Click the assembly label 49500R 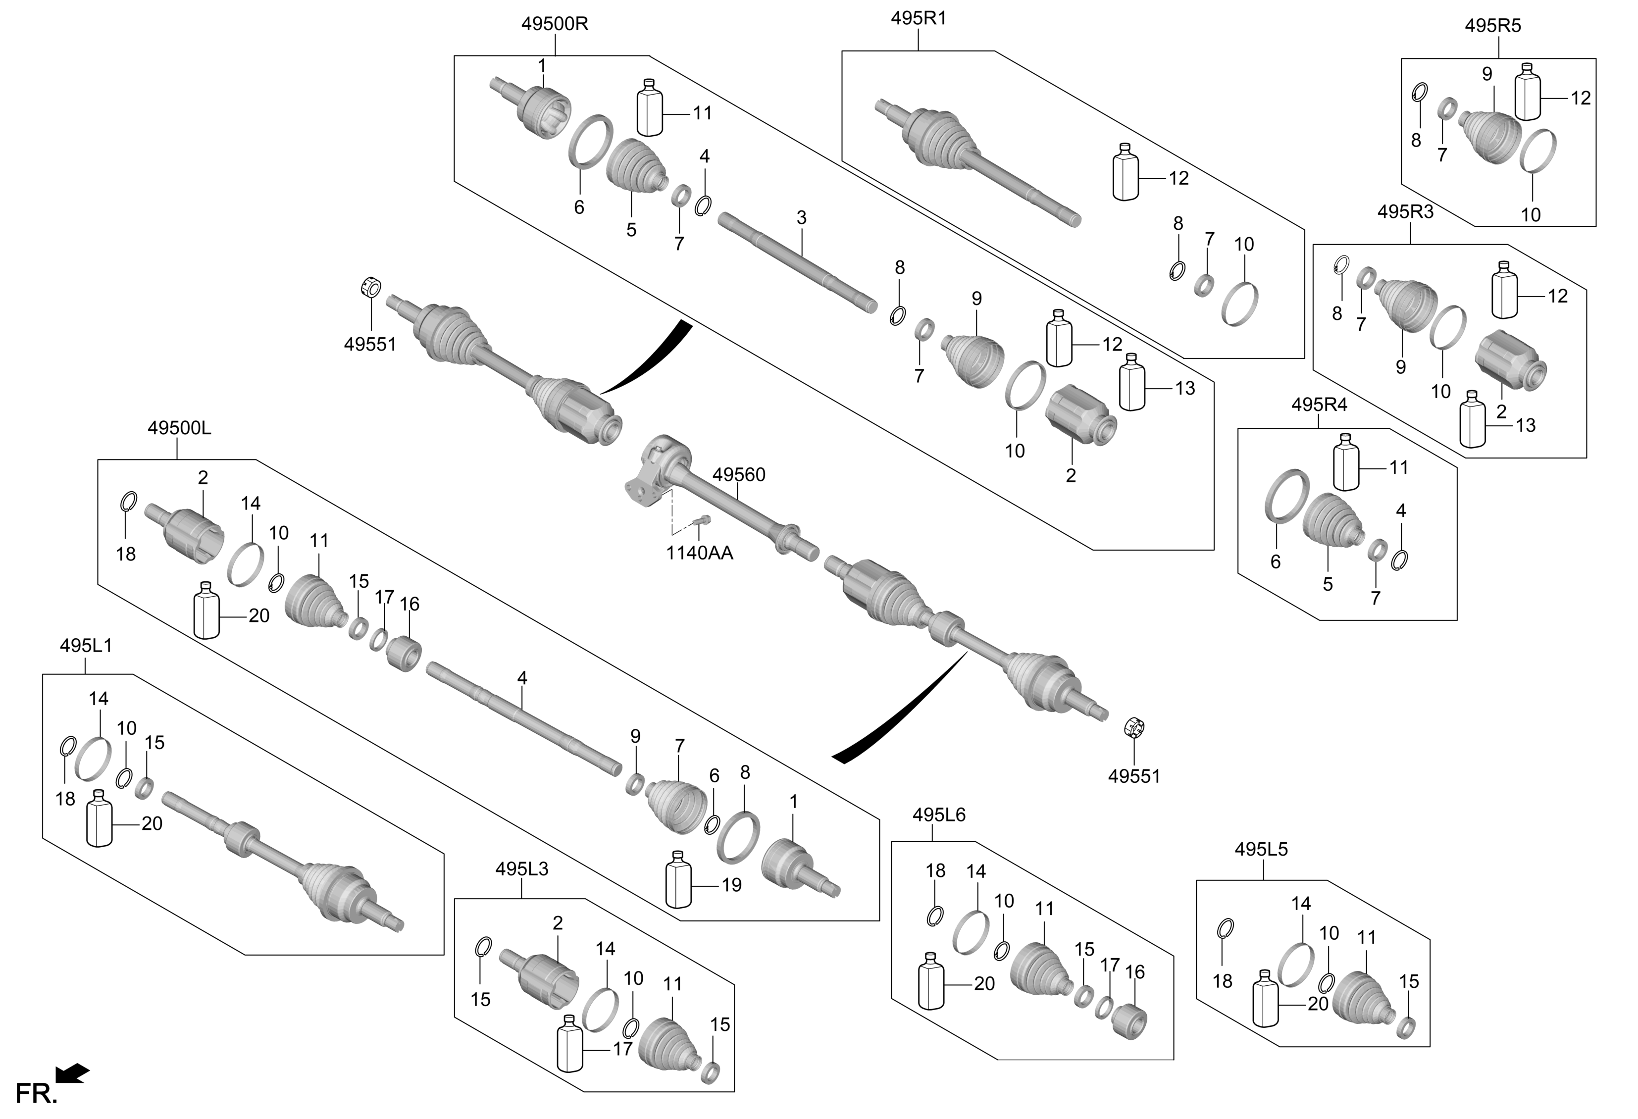pyautogui.click(x=554, y=24)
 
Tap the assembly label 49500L pyautogui.click(x=179, y=428)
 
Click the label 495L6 pyautogui.click(x=938, y=815)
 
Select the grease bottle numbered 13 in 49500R pyautogui.click(x=1132, y=383)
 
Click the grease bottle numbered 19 pyautogui.click(x=677, y=880)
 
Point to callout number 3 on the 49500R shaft pyautogui.click(x=801, y=218)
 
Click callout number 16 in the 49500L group pyautogui.click(x=409, y=604)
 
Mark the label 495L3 pyautogui.click(x=521, y=869)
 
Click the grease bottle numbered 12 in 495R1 pyautogui.click(x=1125, y=173)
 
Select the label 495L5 pyautogui.click(x=1260, y=850)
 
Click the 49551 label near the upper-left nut pyautogui.click(x=369, y=345)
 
